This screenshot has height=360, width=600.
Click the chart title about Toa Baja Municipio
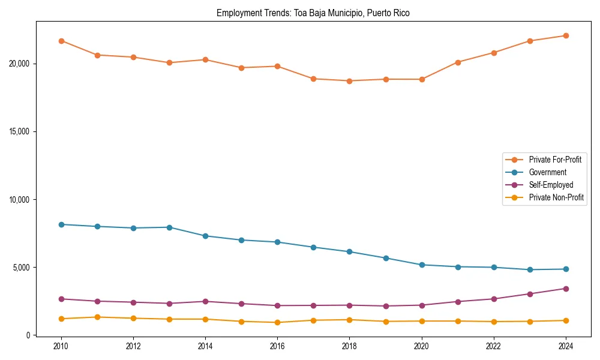click(x=313, y=13)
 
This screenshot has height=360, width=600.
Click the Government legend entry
click(x=547, y=172)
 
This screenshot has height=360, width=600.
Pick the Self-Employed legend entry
click(x=551, y=185)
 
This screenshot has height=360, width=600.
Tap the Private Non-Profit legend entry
click(x=556, y=197)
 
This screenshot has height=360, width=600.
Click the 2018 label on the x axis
click(x=349, y=346)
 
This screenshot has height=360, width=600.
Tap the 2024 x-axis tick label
click(x=566, y=346)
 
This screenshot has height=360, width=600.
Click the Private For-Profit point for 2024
click(x=566, y=35)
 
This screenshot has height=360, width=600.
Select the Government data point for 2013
click(x=169, y=227)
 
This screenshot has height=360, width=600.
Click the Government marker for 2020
click(x=422, y=265)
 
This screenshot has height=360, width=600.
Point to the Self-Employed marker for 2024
click(x=566, y=289)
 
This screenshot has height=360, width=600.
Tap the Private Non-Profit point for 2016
click(x=277, y=322)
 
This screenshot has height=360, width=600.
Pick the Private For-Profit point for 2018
click(x=349, y=81)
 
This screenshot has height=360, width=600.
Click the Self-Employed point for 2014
click(x=205, y=301)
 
